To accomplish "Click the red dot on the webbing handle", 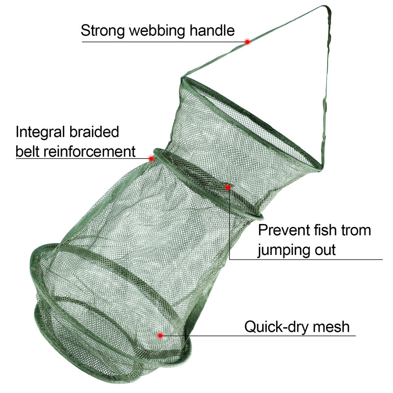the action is (x=248, y=42).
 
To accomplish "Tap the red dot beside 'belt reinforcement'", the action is (x=151, y=159).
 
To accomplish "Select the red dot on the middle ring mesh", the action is (x=228, y=187).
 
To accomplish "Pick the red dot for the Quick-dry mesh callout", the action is (x=161, y=336).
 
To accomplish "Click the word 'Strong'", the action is (x=103, y=31).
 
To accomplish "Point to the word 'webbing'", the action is (x=157, y=31).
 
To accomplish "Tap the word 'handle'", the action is (x=212, y=30).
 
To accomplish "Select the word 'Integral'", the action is (x=40, y=133).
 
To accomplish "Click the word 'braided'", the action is (x=94, y=132).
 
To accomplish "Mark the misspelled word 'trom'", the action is (x=356, y=230).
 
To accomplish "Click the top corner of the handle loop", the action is (x=327, y=6).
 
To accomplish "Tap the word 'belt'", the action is (x=28, y=151).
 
